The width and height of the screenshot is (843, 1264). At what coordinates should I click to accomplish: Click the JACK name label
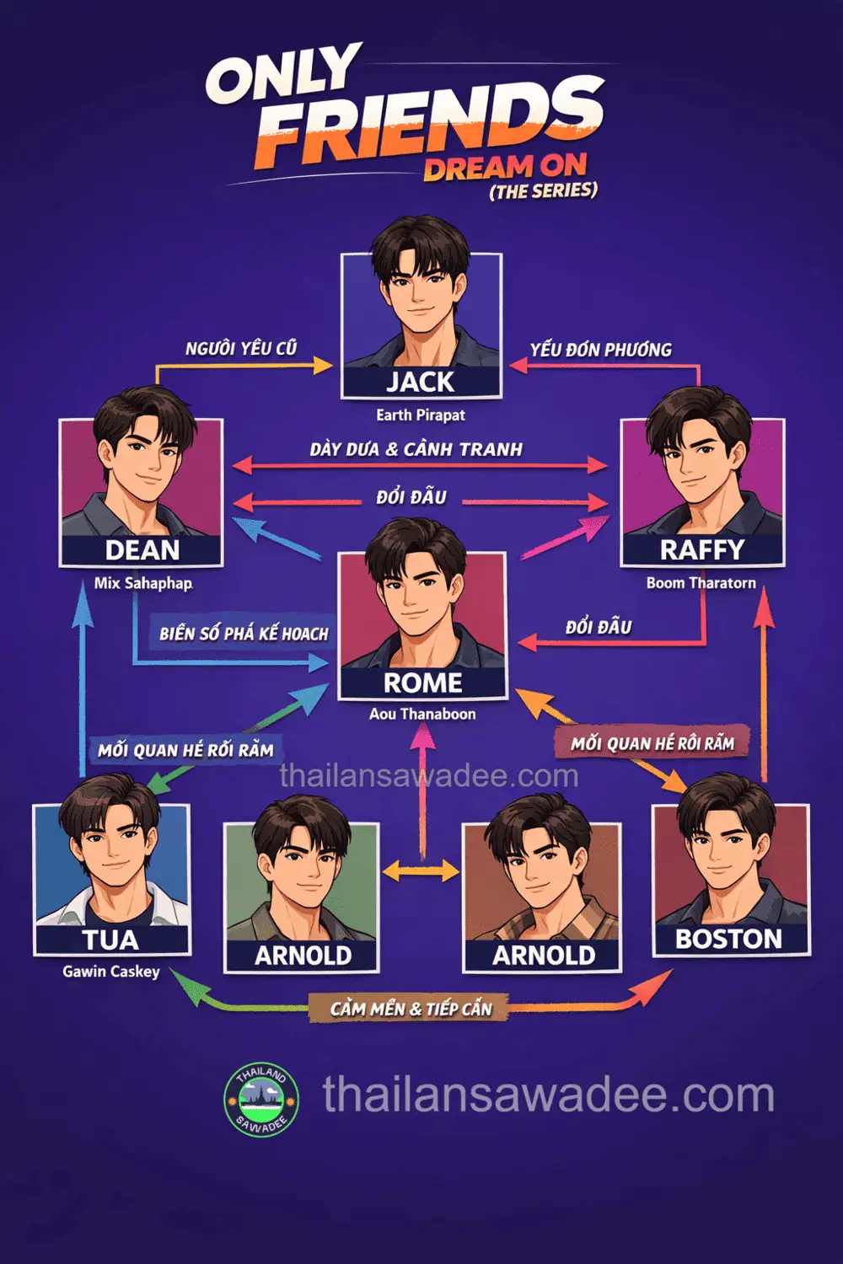[421, 382]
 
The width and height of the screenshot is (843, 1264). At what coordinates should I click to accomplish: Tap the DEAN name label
[142, 549]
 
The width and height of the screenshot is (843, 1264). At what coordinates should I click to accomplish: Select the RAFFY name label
[702, 549]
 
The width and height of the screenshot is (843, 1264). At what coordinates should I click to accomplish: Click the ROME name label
[423, 683]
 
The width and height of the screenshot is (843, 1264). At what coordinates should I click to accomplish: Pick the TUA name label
[110, 940]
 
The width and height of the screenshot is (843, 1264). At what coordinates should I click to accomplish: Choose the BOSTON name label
[729, 939]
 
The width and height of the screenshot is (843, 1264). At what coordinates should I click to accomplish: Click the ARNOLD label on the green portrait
[303, 956]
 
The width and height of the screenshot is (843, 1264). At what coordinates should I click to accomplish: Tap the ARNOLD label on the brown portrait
[544, 956]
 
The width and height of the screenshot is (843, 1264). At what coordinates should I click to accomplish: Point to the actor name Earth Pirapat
[421, 416]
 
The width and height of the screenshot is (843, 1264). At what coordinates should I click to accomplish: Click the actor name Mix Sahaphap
[143, 583]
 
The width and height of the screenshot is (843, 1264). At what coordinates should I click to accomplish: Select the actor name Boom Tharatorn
[701, 583]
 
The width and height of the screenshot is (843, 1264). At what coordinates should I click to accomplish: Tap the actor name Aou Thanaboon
[422, 715]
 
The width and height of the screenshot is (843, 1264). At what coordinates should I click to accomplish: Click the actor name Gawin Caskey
[111, 972]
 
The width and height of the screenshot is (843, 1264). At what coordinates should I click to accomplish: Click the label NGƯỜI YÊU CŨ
[241, 349]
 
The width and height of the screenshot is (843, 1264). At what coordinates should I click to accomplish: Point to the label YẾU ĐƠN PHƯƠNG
[601, 350]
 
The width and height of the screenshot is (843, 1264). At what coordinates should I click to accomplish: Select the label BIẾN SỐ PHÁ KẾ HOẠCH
[244, 634]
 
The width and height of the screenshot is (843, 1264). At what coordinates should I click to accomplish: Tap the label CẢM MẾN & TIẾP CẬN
[411, 1009]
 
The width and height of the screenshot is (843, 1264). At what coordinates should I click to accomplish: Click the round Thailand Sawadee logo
[261, 1101]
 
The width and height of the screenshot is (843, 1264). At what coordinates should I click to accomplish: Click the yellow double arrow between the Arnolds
[421, 870]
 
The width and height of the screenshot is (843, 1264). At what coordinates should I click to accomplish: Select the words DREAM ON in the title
[505, 167]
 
